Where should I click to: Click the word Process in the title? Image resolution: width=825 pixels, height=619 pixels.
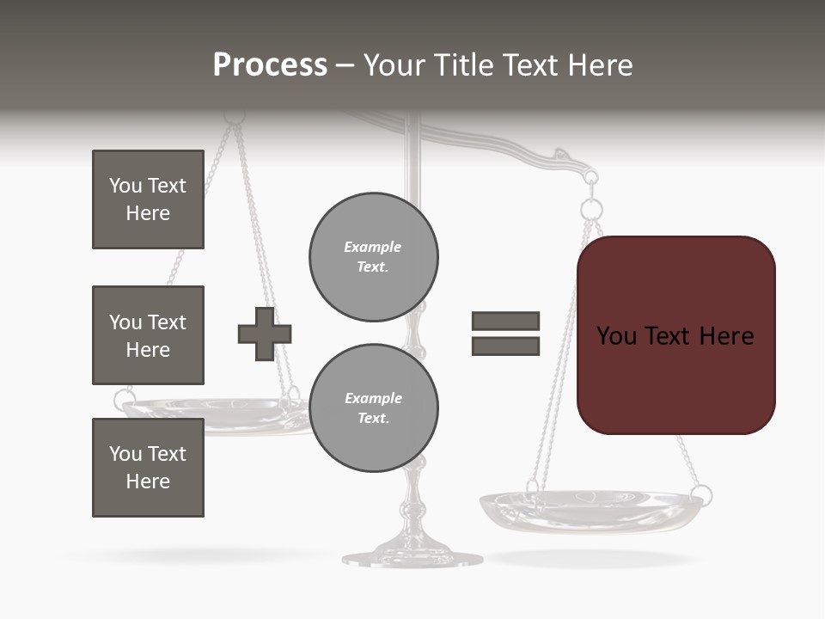[x=270, y=65]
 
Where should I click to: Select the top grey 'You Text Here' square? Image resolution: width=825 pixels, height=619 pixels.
[x=148, y=199]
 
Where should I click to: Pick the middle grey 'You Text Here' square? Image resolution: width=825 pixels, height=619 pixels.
[x=148, y=335]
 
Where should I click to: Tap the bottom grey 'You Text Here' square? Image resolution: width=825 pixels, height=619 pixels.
[x=148, y=468]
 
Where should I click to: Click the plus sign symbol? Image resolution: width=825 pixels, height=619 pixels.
[x=265, y=334]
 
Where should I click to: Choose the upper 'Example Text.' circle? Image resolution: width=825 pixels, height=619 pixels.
[x=374, y=257]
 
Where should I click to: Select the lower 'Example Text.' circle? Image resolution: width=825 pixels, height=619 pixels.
[x=374, y=408]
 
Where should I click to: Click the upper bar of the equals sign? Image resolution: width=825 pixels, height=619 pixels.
[x=505, y=321]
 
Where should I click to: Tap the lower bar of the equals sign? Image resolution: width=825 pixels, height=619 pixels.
[x=505, y=346]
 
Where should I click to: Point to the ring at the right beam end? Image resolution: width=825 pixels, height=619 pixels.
[x=591, y=209]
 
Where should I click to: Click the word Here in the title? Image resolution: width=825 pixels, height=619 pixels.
[x=601, y=65]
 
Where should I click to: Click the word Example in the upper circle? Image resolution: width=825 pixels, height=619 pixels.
[x=373, y=247]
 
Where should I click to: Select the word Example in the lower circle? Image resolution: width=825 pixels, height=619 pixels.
[x=374, y=398]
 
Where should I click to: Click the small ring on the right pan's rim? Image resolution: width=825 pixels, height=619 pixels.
[x=702, y=494]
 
